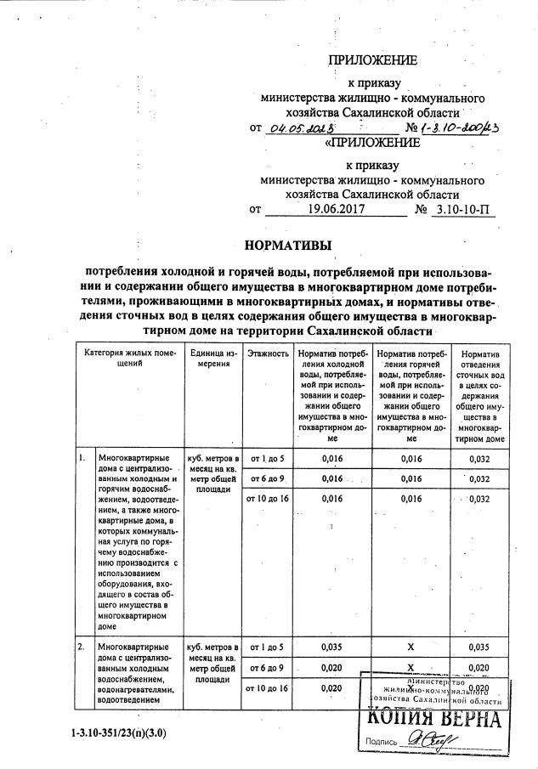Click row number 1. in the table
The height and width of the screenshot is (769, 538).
pos(81,459)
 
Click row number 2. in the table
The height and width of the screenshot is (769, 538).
pos(81,647)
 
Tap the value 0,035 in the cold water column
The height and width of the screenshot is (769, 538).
pos(331,647)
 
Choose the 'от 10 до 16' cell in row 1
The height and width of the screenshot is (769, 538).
pos(268,498)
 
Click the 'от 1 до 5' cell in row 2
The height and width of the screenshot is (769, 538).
pos(266,647)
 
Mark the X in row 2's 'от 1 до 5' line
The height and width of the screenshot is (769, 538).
pos(411,647)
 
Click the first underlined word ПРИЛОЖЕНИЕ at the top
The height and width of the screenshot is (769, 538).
pos(373,60)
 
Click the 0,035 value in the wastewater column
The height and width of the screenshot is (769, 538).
pos(480,647)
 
